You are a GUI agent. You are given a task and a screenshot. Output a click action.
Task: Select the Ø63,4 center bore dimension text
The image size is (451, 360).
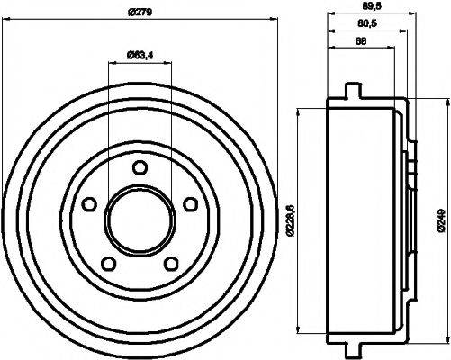pos(136,58)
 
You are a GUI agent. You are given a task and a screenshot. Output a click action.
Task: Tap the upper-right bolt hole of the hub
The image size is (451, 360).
pos(190,204)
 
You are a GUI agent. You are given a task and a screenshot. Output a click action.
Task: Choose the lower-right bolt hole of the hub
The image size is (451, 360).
pos(170,265)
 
